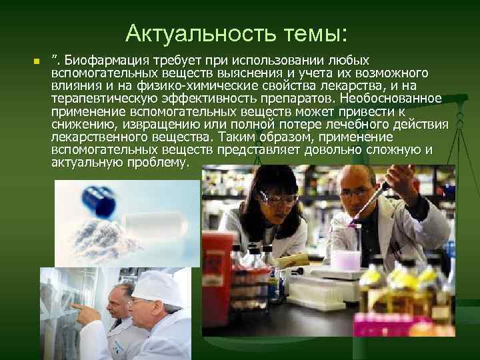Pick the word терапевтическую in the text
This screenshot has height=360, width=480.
100,99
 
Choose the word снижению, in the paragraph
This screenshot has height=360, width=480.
81,124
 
